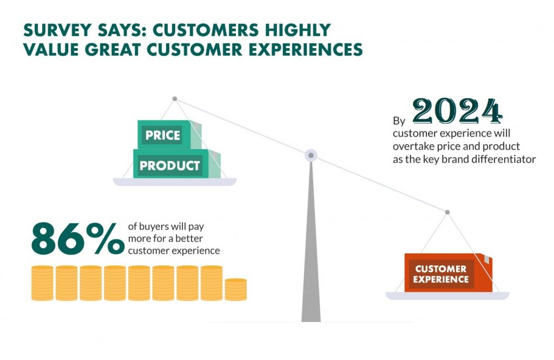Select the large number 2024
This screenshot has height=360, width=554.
(458, 111)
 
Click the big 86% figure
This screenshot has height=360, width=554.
(78, 238)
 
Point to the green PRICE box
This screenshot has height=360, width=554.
(169, 135)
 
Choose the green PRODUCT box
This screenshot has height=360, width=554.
(177, 164)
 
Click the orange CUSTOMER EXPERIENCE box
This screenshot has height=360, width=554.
(448, 272)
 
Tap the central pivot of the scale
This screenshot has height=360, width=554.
(311, 155)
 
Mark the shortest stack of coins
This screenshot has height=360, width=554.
(236, 289)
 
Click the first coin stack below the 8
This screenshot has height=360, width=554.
(42, 283)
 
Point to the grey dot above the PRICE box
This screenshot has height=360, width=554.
(175, 99)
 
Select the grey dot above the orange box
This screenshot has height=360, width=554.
(447, 212)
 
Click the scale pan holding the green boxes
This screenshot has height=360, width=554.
(175, 182)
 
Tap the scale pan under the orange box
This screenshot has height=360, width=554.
(447, 296)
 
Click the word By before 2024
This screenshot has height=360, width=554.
(399, 121)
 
